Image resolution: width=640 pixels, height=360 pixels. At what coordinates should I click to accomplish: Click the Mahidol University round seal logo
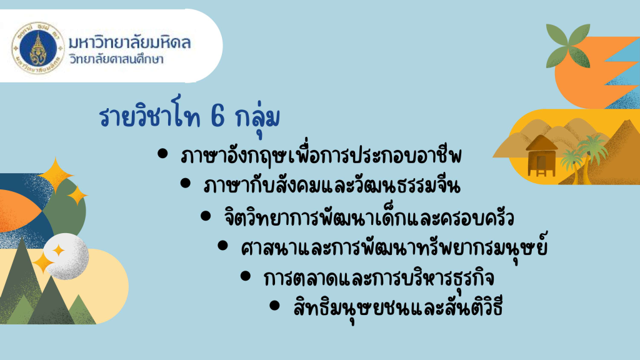click(x=38, y=47)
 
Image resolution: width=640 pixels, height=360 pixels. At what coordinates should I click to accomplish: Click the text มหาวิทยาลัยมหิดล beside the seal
click(x=129, y=42)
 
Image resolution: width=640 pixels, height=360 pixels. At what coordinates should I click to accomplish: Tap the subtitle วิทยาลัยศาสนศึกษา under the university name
click(x=116, y=59)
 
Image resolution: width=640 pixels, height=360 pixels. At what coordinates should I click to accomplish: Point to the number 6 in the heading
click(x=218, y=116)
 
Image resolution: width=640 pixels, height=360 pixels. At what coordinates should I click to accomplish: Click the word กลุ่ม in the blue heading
click(x=257, y=117)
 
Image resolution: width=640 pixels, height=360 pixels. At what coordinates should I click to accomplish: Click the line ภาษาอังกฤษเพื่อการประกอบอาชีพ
click(x=321, y=155)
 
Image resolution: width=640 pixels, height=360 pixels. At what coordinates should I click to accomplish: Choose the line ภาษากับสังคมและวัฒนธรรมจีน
click(x=332, y=185)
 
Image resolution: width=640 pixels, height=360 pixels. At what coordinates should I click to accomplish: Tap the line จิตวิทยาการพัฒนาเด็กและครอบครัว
click(x=369, y=216)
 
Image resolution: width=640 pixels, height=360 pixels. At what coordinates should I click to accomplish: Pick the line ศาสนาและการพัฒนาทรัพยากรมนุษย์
click(x=394, y=247)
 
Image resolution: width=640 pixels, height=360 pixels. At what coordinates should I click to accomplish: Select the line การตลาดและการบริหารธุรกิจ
click(x=379, y=278)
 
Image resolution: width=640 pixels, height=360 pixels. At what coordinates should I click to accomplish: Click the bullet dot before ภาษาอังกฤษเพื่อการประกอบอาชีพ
click(x=162, y=154)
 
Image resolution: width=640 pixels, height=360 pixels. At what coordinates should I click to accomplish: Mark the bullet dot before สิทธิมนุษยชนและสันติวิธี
click(x=275, y=305)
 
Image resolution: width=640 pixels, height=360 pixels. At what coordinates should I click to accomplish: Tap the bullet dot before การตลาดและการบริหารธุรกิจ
click(x=245, y=276)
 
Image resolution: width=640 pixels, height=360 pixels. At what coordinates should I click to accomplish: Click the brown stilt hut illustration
click(x=541, y=156)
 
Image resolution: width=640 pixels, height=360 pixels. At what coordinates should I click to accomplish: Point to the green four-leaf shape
click(x=568, y=46)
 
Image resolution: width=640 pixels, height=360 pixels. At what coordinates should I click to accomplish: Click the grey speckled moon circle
click(x=66, y=256)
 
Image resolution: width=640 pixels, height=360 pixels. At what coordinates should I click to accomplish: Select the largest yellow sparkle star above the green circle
click(x=55, y=175)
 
